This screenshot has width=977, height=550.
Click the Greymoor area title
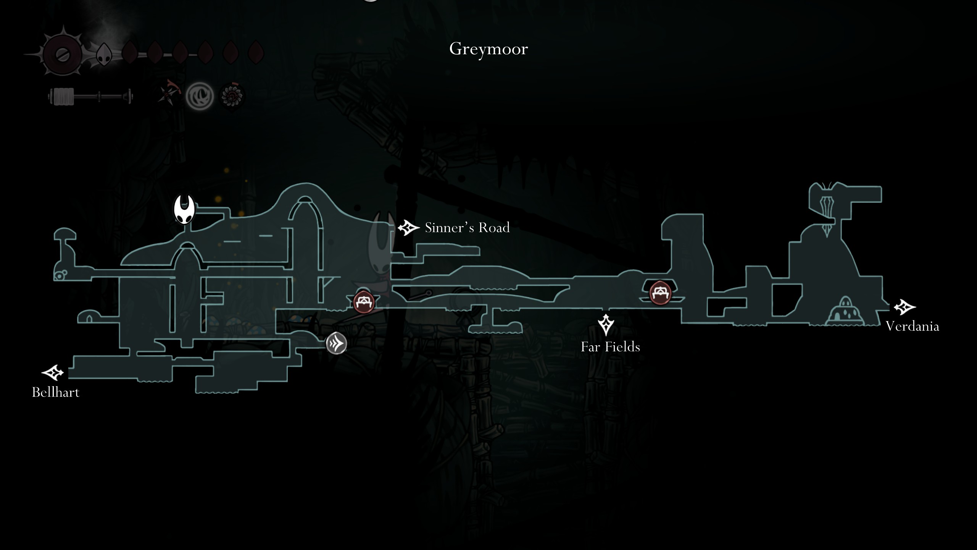click(488, 49)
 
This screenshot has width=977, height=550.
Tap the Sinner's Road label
click(467, 228)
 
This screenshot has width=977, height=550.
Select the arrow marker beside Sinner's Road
click(408, 228)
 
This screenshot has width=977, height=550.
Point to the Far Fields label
click(610, 347)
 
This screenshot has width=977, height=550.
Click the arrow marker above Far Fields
click(606, 325)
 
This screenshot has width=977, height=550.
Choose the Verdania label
click(912, 326)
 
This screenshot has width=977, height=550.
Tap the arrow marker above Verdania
click(904, 307)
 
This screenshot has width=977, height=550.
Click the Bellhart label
click(56, 392)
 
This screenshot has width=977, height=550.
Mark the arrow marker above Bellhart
click(52, 373)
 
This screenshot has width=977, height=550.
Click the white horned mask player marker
click(185, 210)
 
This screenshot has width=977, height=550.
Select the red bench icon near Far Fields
click(660, 293)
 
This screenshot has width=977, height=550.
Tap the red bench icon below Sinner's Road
click(363, 302)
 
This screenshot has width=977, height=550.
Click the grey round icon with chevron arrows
click(336, 343)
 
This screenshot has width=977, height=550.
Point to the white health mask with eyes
click(103, 54)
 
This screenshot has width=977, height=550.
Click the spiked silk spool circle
click(62, 54)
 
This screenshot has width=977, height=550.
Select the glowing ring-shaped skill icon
click(200, 96)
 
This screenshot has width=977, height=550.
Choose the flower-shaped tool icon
click(232, 96)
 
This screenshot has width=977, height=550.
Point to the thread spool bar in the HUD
click(91, 96)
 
